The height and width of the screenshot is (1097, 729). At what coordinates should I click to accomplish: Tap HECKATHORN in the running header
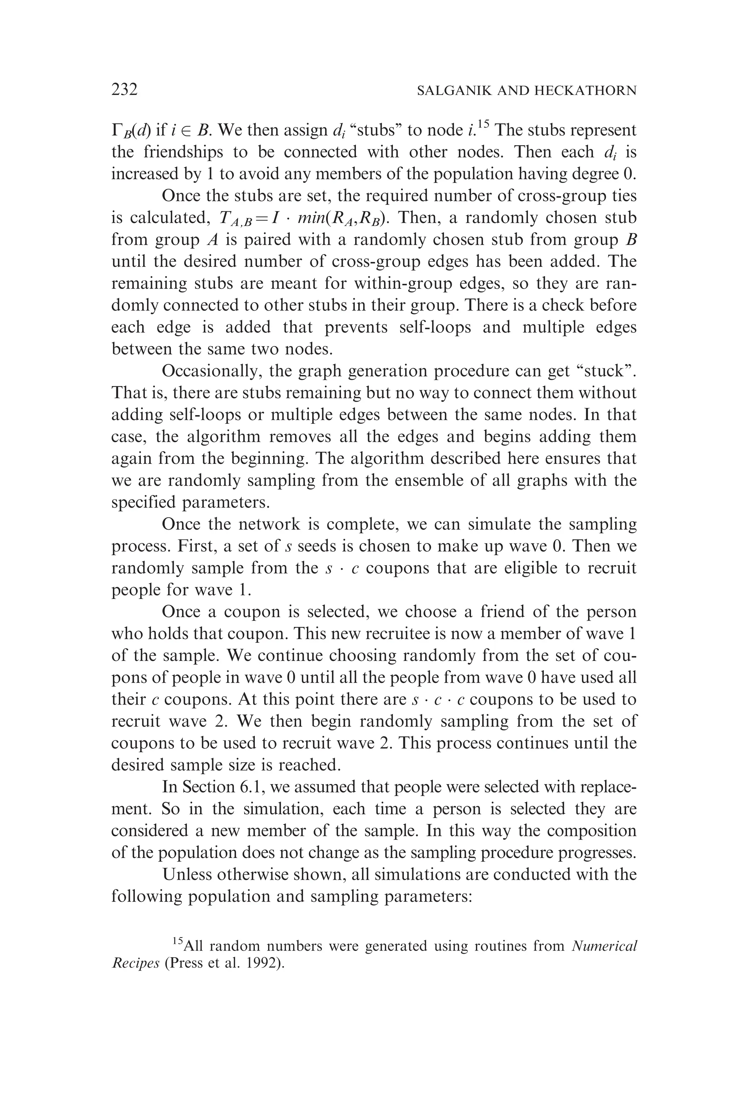[584, 91]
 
